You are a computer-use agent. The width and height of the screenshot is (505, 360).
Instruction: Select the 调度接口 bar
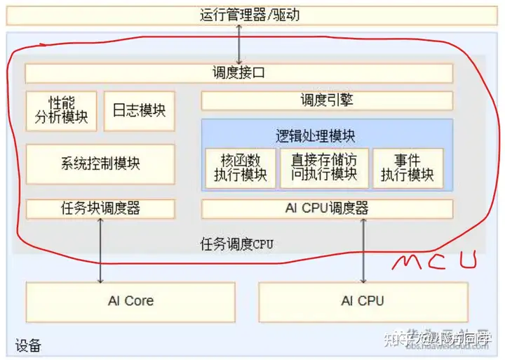click(238, 73)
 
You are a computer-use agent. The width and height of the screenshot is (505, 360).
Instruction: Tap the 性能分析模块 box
click(62, 110)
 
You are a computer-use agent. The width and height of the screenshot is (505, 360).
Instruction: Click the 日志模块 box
click(139, 110)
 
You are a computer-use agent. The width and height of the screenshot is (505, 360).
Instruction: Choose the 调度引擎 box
click(327, 100)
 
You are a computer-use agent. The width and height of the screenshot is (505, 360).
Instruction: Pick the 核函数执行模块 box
click(240, 168)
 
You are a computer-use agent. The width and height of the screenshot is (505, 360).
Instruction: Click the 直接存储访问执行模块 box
click(324, 168)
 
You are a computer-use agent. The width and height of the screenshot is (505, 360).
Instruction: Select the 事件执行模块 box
click(408, 168)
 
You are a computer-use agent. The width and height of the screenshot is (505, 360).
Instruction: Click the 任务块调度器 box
click(100, 208)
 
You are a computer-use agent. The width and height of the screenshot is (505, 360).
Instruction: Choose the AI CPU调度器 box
click(327, 208)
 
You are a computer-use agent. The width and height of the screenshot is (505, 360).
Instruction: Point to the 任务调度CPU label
click(236, 244)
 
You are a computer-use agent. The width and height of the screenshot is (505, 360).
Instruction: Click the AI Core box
click(130, 301)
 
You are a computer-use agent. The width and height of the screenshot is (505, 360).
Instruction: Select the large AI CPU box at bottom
click(362, 301)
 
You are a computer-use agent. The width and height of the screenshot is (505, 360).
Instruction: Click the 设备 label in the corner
click(28, 346)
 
